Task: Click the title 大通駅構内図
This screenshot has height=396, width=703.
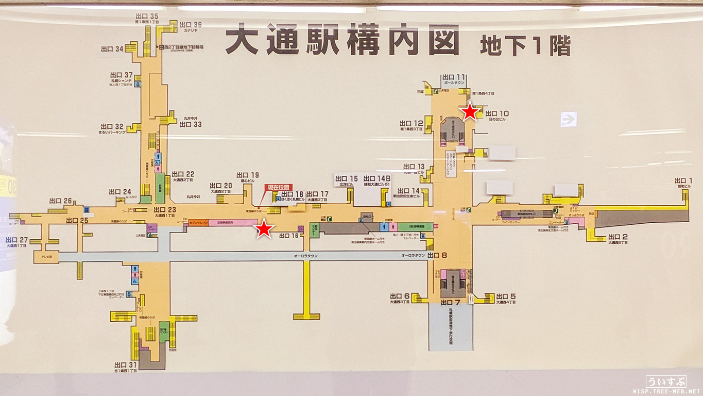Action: (342, 41)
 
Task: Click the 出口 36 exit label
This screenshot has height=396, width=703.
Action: (190, 25)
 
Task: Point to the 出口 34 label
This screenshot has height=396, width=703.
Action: (112, 49)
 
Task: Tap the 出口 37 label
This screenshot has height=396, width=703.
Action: (122, 75)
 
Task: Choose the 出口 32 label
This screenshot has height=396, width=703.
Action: (112, 126)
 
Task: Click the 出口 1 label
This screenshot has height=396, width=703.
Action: (684, 180)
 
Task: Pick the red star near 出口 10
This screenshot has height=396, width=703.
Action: (470, 111)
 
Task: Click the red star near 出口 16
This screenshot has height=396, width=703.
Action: (264, 228)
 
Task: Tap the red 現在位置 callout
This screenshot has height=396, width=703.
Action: (278, 187)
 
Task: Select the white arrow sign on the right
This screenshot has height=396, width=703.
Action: (569, 120)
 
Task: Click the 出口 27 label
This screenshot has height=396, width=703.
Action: (16, 240)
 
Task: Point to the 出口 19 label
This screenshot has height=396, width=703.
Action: (248, 175)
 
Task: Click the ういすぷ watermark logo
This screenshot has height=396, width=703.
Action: (666, 382)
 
